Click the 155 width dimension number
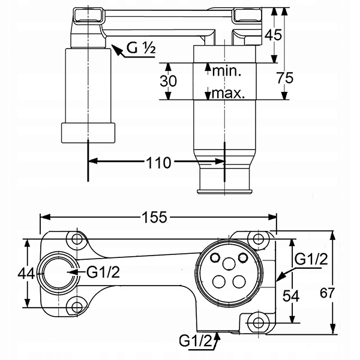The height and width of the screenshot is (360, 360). tap(154, 217)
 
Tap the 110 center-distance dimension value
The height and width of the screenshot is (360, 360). tap(158, 163)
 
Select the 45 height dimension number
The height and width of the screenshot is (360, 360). tap(273, 35)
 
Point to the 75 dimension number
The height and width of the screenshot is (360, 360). tap(284, 78)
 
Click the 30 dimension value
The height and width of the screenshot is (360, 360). tap(168, 81)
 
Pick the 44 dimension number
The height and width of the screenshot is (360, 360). tap(26, 274)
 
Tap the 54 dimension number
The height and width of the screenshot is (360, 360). tap(291, 296)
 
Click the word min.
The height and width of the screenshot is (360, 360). tap(227, 71)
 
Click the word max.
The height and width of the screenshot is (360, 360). tap(228, 93)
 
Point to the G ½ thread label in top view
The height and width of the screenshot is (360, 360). tap(141, 48)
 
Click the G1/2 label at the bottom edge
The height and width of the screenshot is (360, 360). tap(196, 341)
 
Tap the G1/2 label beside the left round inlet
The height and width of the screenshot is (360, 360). tap(103, 272)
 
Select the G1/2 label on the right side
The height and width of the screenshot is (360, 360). tap(311, 259)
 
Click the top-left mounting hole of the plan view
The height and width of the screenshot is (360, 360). tap(77, 239)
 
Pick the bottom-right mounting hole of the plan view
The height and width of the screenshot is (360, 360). tap(259, 322)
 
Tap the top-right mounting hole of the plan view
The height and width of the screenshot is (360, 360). tap(259, 239)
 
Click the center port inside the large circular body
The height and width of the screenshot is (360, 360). tap(229, 263)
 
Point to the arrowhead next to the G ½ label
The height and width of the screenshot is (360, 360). tap(116, 50)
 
